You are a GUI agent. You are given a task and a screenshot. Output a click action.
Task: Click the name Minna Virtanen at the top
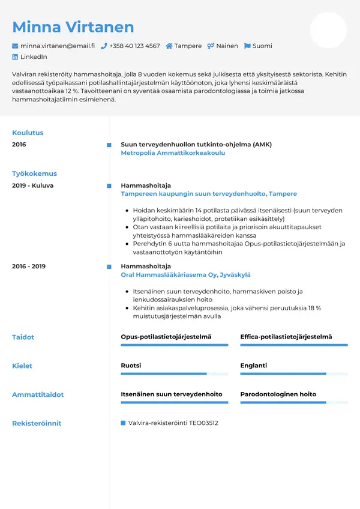[73, 27]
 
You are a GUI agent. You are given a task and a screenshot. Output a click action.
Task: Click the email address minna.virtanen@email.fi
[57, 46]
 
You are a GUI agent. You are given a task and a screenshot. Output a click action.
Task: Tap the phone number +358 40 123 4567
[134, 46]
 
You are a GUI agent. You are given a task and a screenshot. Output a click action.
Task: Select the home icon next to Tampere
[169, 46]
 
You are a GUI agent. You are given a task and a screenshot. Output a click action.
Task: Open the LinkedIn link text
[34, 57]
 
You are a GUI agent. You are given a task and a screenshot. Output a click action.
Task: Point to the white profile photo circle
[328, 30]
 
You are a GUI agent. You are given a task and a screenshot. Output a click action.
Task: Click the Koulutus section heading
[28, 133]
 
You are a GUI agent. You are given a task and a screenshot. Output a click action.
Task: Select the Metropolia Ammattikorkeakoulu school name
[173, 153]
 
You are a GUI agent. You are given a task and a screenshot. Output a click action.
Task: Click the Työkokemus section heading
[34, 173]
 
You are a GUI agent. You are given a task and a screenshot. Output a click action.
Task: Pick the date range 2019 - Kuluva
[32, 185]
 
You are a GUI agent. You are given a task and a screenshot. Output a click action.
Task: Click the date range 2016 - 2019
[29, 266]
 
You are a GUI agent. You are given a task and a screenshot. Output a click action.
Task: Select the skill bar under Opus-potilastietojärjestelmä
[174, 345]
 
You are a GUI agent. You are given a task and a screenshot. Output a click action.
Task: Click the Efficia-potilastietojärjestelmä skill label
[286, 337]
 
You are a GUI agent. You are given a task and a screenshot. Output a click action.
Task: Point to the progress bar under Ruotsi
[174, 374]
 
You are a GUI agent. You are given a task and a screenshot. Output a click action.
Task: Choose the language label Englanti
[254, 366]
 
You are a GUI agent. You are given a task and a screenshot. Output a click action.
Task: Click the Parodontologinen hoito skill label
[278, 394]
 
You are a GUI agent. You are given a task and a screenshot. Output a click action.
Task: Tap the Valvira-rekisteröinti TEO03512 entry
[173, 423]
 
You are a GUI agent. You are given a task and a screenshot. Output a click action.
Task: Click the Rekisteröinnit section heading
[37, 423]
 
